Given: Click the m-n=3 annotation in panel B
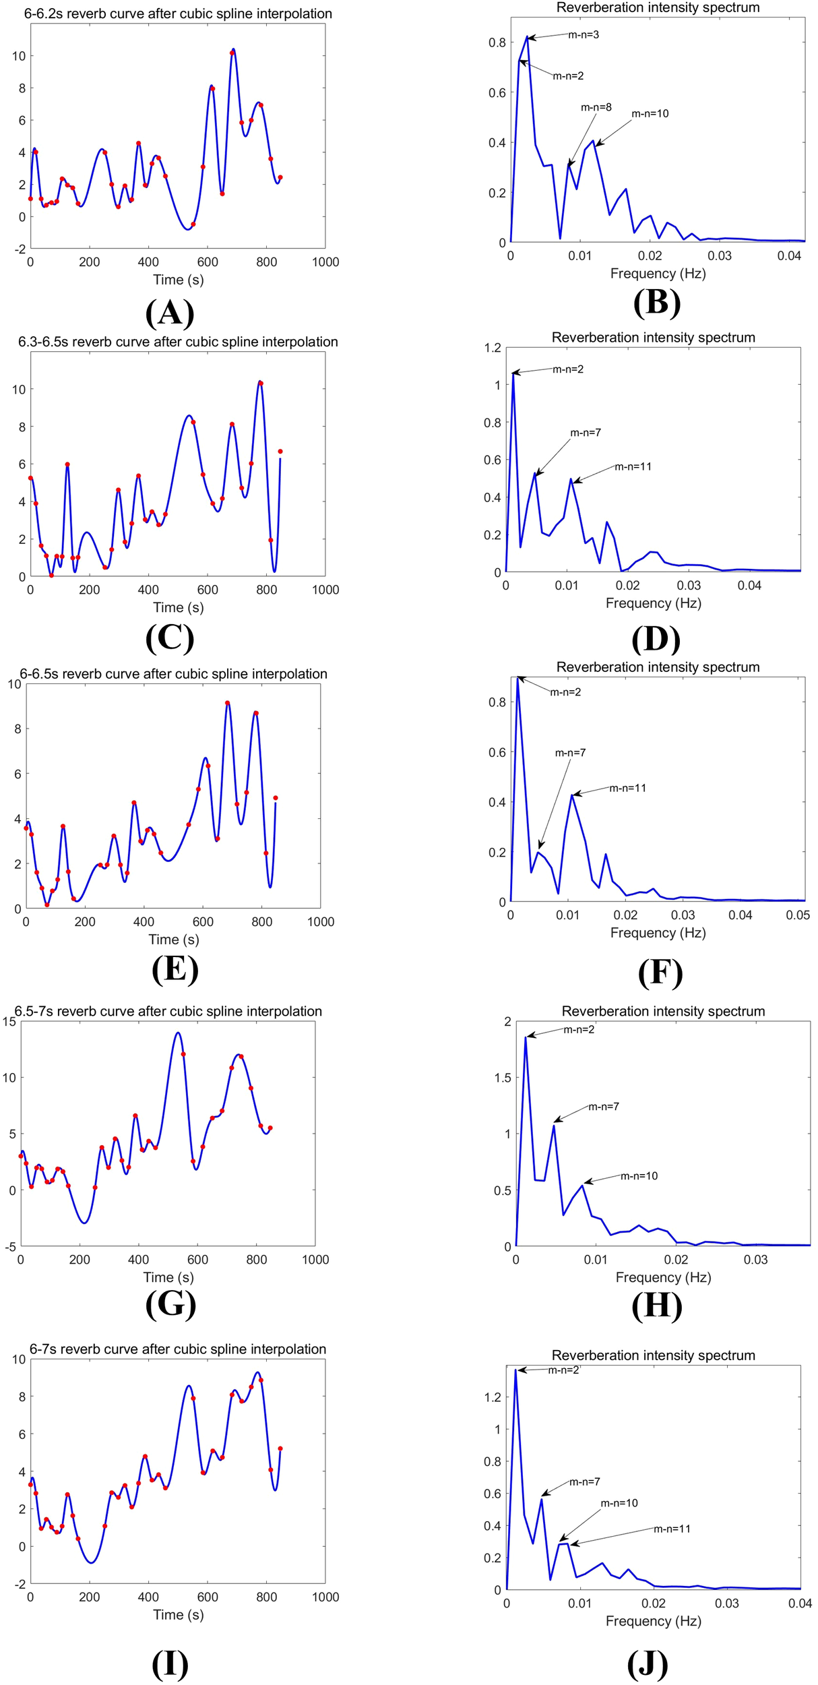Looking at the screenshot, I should [583, 34].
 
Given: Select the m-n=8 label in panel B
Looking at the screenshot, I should [596, 107].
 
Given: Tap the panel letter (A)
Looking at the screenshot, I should [170, 313].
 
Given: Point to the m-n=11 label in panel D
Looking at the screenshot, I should [633, 466].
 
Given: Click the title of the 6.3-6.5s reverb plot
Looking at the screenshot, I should [178, 342].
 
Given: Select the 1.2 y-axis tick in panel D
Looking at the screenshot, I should [493, 348].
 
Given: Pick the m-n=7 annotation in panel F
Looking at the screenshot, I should [570, 752].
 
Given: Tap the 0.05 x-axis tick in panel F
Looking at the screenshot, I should [798, 915].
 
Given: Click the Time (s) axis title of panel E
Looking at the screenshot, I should [173, 939].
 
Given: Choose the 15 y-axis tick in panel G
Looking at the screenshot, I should [9, 1021].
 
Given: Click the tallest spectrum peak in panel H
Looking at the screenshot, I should [526, 1038].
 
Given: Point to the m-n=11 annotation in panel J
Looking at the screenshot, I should [672, 1528].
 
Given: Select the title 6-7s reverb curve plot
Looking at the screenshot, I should [178, 1349].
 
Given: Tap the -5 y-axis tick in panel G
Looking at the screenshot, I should [9, 1246].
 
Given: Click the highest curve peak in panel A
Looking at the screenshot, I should [233, 49].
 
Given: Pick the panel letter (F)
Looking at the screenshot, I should [660, 973].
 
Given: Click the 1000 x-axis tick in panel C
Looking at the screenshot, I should [325, 590].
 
